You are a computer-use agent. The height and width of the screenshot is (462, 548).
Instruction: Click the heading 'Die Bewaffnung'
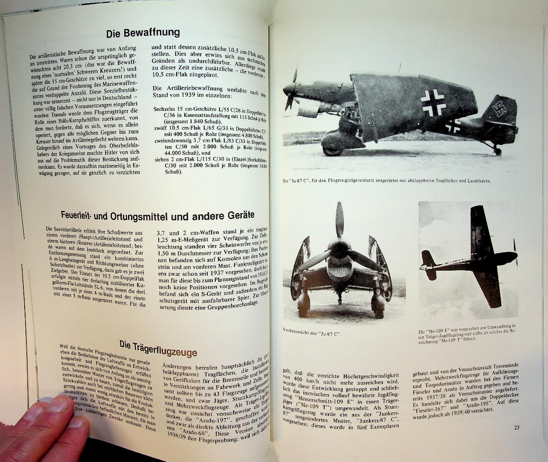point(143,33)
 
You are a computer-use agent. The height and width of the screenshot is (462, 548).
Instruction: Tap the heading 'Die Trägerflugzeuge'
point(158,351)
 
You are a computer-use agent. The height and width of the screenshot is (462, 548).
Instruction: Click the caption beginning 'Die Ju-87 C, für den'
point(387,181)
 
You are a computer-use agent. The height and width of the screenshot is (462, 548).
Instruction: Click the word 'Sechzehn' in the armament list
point(164,109)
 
